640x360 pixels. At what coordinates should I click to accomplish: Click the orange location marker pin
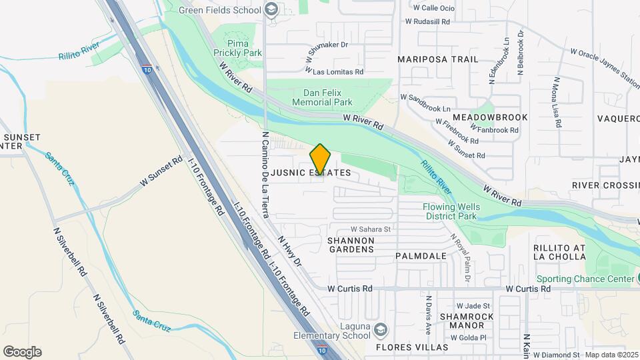click(x=321, y=159)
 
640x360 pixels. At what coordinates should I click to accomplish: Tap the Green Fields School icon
click(x=271, y=9)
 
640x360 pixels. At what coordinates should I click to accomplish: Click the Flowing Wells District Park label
click(x=451, y=211)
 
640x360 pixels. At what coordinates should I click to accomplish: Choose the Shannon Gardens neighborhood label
click(x=351, y=244)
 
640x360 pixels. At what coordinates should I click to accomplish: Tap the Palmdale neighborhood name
click(x=421, y=256)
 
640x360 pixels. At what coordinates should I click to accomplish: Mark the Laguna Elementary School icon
click(x=380, y=330)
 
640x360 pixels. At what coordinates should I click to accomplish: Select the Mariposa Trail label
click(x=438, y=59)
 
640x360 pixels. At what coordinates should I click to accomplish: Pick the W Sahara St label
click(x=369, y=229)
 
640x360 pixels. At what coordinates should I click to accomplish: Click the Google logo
click(x=22, y=352)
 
